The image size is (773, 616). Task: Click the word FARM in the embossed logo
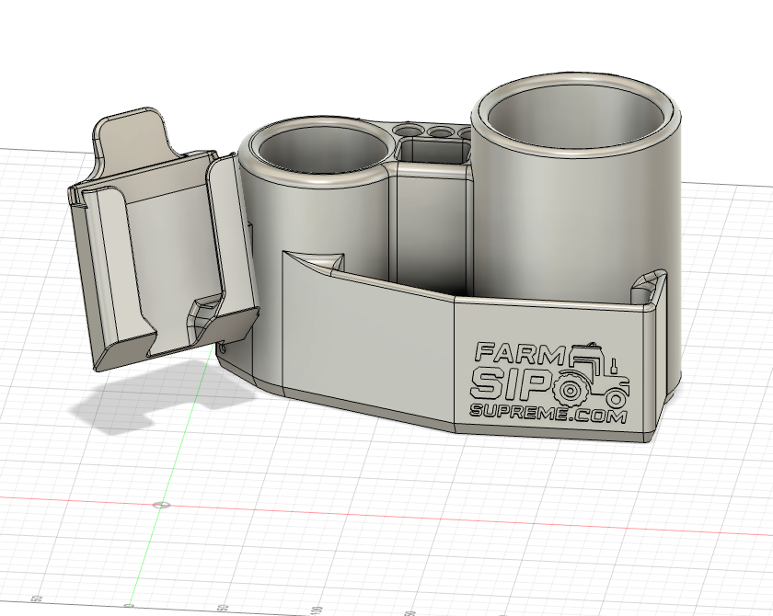tap(518, 353)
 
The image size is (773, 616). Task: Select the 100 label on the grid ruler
tap(316, 610)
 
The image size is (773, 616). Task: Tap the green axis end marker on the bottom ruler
tap(129, 606)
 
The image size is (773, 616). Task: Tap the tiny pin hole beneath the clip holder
tap(224, 348)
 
